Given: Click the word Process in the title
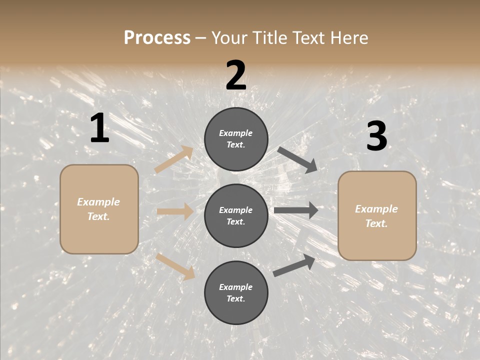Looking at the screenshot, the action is (157, 37).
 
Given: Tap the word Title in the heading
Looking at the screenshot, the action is (269, 37).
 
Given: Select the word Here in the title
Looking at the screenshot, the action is (348, 37).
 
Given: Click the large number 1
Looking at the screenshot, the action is (99, 128).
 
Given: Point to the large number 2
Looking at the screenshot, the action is (236, 76).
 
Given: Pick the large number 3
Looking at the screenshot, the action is (376, 136).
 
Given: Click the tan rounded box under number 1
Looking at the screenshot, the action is (99, 209).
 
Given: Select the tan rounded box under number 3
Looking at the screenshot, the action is (377, 216).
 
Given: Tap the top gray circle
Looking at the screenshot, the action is (236, 139).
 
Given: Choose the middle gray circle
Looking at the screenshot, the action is (236, 215).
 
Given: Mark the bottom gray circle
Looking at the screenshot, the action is (236, 292).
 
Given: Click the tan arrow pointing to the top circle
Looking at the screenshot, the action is (174, 159).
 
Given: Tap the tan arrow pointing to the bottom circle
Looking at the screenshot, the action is (175, 266).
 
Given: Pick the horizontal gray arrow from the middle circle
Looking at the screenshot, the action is (296, 210).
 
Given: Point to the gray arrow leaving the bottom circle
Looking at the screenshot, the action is (294, 265).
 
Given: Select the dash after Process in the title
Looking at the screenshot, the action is (201, 38).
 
